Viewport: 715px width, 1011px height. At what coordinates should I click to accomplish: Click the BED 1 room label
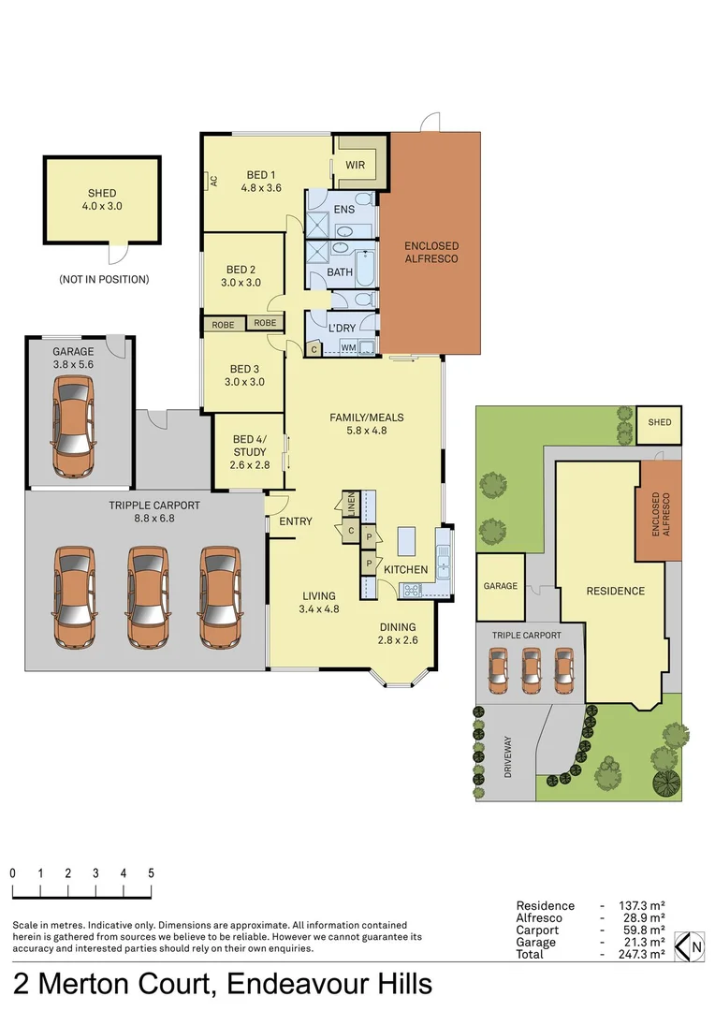[x=261, y=181]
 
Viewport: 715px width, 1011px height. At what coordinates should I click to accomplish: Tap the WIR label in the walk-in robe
[x=355, y=166]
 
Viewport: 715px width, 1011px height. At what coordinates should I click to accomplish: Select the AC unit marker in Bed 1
[x=213, y=181]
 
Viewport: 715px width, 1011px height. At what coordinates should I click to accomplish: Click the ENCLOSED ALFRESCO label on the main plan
[x=431, y=252]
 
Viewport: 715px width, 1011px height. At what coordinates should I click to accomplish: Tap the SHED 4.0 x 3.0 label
[x=102, y=200]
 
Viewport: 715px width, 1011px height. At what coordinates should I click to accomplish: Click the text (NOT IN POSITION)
[x=104, y=279]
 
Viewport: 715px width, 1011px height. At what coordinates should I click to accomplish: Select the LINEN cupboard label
[x=352, y=505]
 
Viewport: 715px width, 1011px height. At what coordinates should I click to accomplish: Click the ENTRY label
[x=296, y=521]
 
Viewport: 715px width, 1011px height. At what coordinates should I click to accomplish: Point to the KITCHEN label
[x=405, y=569]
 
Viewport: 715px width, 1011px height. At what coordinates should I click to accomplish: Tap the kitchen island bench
[x=405, y=542]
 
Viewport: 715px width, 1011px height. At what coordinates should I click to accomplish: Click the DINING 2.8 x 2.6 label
[x=398, y=634]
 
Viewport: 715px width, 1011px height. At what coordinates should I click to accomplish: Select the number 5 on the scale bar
[x=151, y=872]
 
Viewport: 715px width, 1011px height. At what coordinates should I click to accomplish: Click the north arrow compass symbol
[x=689, y=946]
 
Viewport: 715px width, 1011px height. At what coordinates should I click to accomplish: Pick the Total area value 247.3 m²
[x=641, y=955]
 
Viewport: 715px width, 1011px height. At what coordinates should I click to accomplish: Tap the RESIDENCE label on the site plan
[x=615, y=591]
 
